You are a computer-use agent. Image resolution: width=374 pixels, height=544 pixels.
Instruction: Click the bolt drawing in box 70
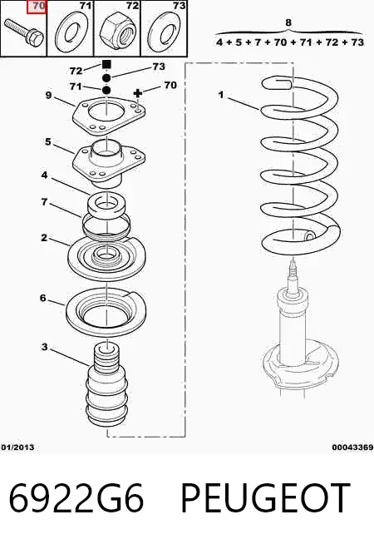pos(23,32)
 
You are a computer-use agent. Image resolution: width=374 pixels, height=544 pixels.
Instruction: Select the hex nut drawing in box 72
pos(116,32)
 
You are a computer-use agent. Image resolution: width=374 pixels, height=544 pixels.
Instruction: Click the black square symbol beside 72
pos(106,65)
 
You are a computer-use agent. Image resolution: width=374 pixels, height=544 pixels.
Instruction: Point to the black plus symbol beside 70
pos(138,93)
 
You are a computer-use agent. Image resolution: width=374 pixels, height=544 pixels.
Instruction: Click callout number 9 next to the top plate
pos(48,95)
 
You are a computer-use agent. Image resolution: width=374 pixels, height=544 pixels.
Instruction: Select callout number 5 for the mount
pos(48,141)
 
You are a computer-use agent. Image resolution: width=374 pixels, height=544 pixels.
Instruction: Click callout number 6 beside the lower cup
pos(42,298)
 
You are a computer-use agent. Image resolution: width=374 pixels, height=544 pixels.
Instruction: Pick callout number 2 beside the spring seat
pos(44,238)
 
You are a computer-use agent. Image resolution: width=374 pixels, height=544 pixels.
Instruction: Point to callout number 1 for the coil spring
pos(221,94)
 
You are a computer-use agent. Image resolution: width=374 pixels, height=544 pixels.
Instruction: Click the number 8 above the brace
pos(288,23)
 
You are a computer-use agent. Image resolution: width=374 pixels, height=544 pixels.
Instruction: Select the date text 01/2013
pos(17,448)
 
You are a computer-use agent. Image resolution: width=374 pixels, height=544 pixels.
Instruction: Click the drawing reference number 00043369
pos(352,448)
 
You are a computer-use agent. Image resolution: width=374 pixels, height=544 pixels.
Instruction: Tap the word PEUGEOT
pos(265,498)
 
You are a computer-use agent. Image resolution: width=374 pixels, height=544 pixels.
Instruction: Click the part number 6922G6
pos(76,498)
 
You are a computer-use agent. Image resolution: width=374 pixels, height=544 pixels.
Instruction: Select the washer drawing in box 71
pos(71,33)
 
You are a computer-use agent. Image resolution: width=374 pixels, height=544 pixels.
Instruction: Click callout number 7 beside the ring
pos(44,201)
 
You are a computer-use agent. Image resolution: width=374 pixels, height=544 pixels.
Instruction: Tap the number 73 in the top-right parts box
pos(180,6)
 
